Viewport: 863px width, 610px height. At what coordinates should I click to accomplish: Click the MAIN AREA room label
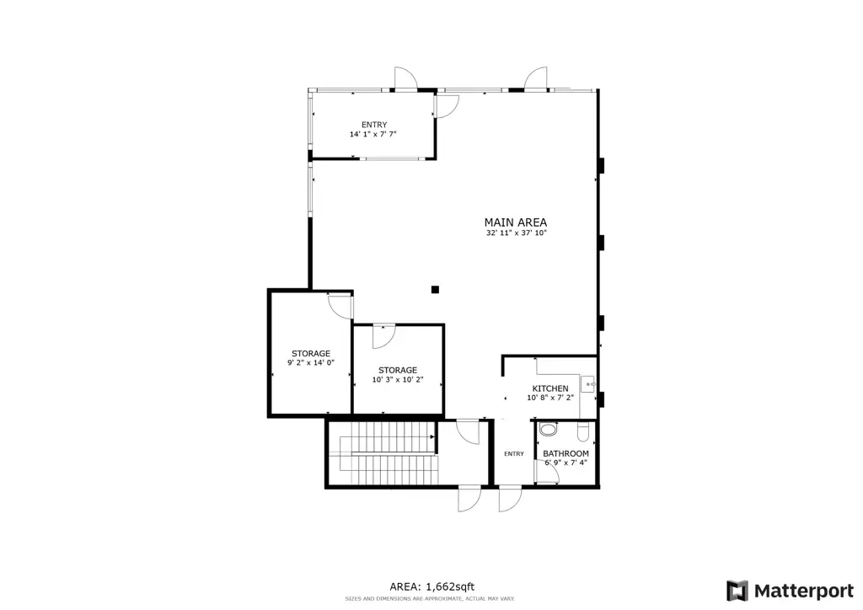click(x=515, y=222)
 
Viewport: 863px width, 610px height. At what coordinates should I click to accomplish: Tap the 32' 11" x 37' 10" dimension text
click(x=517, y=233)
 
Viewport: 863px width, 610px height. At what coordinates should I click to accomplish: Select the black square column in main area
click(x=435, y=289)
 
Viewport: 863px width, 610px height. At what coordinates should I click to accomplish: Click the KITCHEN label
click(x=549, y=388)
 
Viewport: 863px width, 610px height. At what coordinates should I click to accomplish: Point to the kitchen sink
click(x=588, y=384)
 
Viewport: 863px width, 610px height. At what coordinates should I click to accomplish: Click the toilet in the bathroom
click(x=548, y=429)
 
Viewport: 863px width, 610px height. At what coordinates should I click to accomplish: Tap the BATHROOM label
click(x=566, y=453)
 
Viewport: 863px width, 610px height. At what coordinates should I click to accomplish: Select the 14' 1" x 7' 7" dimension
click(x=373, y=134)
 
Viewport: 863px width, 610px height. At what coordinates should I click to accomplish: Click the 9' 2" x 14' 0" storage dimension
click(x=311, y=362)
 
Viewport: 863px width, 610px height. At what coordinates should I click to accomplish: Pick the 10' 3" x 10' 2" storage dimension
click(x=398, y=379)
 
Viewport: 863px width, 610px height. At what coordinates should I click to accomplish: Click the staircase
click(x=382, y=452)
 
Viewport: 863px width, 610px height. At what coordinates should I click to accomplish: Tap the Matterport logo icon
click(x=737, y=591)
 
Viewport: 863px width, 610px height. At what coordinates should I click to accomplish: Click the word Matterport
click(x=803, y=591)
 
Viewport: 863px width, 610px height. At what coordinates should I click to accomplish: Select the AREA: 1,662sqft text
click(x=432, y=587)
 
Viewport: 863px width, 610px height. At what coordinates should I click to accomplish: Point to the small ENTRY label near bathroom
click(x=514, y=454)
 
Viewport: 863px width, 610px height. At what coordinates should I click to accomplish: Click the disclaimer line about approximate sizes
click(x=430, y=598)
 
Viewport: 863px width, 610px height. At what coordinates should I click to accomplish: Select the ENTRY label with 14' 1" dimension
click(x=374, y=125)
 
